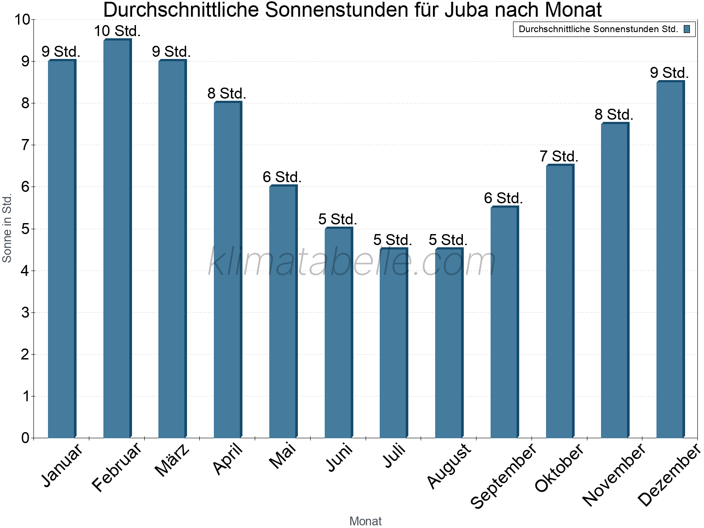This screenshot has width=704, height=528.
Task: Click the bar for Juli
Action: click(394, 343)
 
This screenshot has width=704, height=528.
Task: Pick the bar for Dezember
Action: click(670, 260)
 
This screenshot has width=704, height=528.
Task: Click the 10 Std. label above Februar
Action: click(117, 31)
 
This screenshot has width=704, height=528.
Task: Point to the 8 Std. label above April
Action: click(227, 94)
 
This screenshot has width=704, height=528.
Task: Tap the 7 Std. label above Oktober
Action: click(559, 157)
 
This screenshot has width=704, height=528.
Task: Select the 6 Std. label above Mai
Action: click(282, 177)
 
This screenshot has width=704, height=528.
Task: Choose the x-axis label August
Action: click(449, 466)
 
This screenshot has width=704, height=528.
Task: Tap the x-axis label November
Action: click(614, 474)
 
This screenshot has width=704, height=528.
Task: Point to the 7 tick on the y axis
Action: click(25, 145)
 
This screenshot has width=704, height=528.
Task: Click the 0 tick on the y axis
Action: click(25, 438)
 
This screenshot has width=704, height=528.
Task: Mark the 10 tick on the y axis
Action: click(22, 20)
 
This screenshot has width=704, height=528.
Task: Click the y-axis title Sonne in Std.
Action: click(7, 228)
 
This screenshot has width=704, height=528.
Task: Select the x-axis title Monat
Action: click(365, 521)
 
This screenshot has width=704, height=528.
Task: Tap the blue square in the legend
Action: click(687, 29)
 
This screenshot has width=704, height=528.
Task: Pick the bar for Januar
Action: click(62, 249)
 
